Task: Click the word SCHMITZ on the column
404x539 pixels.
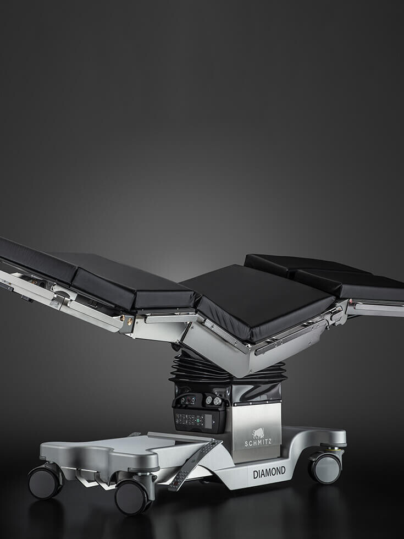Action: [258, 442]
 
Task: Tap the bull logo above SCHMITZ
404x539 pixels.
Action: [258, 433]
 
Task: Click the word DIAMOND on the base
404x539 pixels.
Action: [269, 472]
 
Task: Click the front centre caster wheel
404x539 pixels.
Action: [132, 497]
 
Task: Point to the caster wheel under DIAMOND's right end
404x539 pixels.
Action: [325, 468]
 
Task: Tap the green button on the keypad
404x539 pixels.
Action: [198, 420]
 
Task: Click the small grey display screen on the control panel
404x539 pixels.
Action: [208, 421]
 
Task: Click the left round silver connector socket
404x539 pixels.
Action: [209, 400]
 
